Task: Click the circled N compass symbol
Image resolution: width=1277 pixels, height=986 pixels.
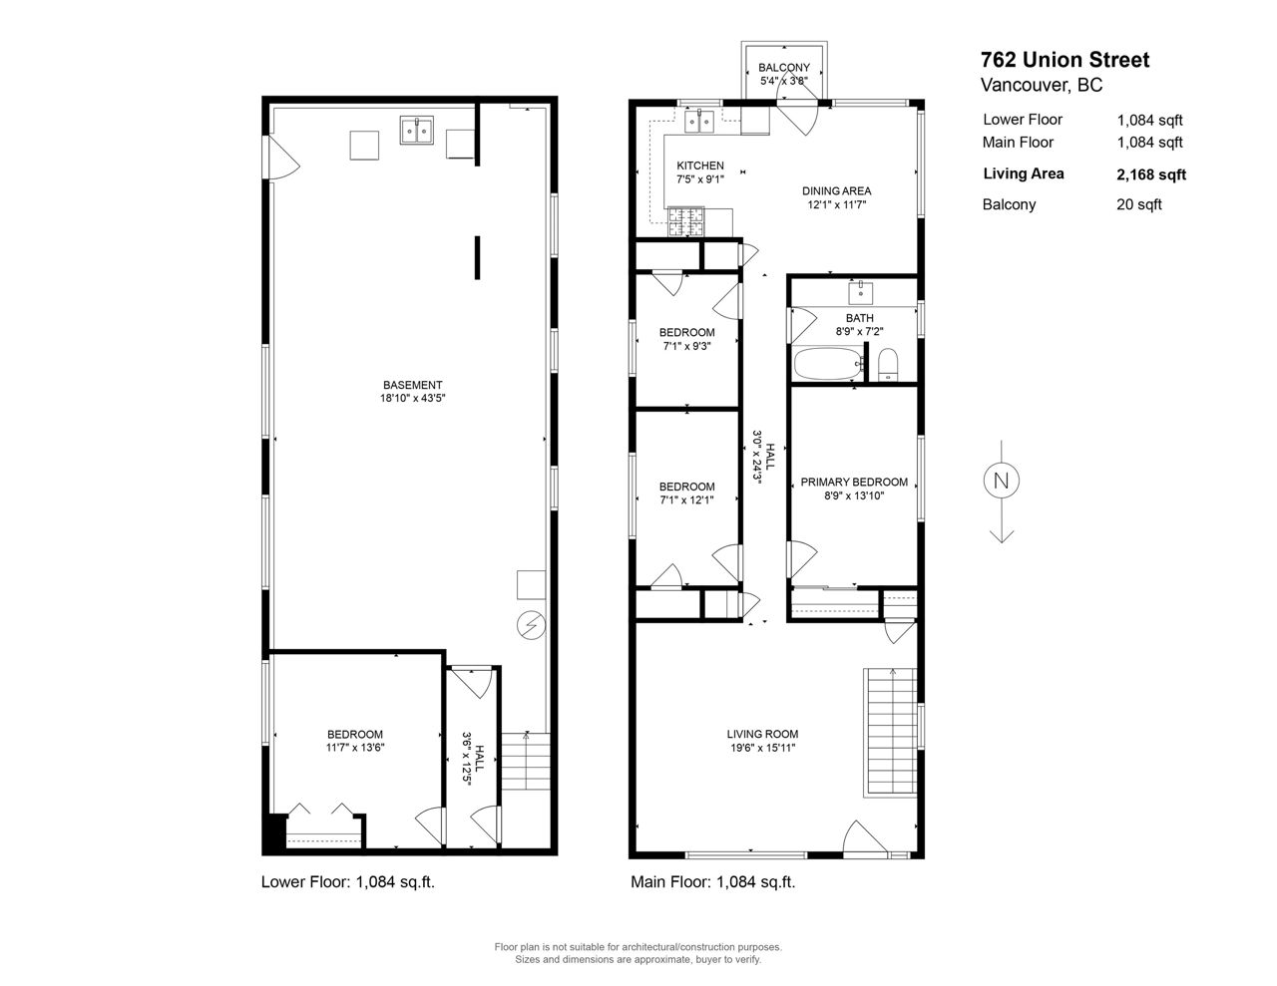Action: click(1001, 481)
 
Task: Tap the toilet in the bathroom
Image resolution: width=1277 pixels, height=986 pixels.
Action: click(888, 365)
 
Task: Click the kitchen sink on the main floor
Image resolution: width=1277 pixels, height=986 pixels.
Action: click(698, 122)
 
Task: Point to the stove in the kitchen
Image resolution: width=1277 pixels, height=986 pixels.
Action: click(685, 222)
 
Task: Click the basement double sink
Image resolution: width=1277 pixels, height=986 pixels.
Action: click(417, 130)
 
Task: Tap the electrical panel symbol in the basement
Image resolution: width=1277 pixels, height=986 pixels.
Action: click(531, 625)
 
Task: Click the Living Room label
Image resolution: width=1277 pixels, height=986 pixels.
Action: click(762, 734)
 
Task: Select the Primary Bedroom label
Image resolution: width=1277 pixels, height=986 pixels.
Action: click(854, 483)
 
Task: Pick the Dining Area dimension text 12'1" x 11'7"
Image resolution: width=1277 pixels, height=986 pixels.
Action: click(836, 205)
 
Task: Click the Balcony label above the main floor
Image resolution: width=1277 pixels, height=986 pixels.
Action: click(783, 68)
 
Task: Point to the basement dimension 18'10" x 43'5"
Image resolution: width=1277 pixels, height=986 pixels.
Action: click(413, 398)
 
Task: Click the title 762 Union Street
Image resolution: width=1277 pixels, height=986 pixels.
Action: click(1064, 60)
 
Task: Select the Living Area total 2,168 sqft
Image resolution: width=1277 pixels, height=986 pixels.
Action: click(1151, 175)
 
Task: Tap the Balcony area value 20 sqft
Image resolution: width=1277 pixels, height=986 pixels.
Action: click(1139, 205)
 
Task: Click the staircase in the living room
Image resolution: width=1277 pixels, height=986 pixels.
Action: click(890, 733)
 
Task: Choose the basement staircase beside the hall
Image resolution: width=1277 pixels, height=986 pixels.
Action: click(526, 761)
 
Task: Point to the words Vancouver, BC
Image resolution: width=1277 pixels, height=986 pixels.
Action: click(1042, 86)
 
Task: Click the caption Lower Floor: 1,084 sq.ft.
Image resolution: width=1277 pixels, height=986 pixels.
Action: click(348, 882)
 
